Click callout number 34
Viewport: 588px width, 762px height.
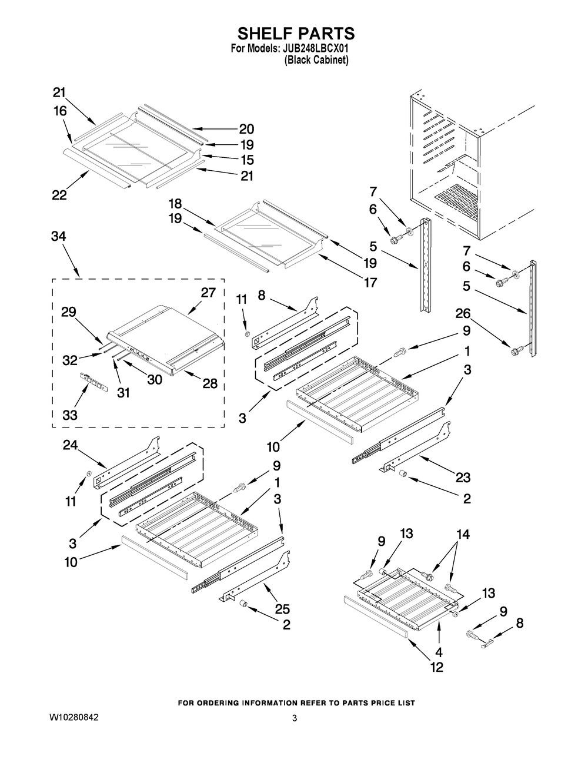click(59, 237)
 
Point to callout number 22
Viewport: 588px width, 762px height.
click(59, 196)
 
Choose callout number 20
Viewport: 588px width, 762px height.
click(246, 130)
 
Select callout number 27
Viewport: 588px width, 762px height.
click(208, 293)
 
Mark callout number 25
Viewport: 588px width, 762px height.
click(283, 609)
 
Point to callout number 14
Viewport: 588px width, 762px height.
click(463, 534)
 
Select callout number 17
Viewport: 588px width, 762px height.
click(370, 283)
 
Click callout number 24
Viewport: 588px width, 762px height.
click(71, 446)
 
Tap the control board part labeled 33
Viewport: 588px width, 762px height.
click(92, 383)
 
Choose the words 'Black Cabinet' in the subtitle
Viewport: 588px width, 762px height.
click(316, 60)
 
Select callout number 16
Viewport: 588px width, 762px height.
click(59, 111)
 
